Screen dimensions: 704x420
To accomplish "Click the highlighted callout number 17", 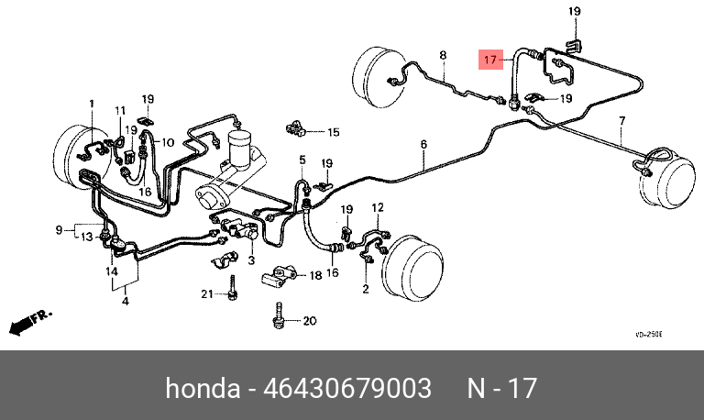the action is [x=491, y=61].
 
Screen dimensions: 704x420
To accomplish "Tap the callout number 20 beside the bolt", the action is [x=309, y=321].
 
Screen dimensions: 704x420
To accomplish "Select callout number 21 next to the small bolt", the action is [x=207, y=294].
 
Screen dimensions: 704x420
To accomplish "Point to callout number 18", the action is [x=315, y=275].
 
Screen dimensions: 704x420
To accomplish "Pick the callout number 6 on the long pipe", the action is [x=424, y=144].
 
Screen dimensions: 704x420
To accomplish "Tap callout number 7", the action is [x=621, y=121].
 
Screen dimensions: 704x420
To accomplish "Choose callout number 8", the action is [x=443, y=56].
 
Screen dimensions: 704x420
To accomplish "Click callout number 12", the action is [x=378, y=209].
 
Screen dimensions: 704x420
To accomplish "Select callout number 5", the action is [x=302, y=160].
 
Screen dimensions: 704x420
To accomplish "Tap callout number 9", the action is [x=59, y=229].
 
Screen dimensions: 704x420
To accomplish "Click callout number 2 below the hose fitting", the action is [x=365, y=290].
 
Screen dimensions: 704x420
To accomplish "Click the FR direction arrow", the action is [x=30, y=321].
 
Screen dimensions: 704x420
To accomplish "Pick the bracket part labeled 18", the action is [x=278, y=275].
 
